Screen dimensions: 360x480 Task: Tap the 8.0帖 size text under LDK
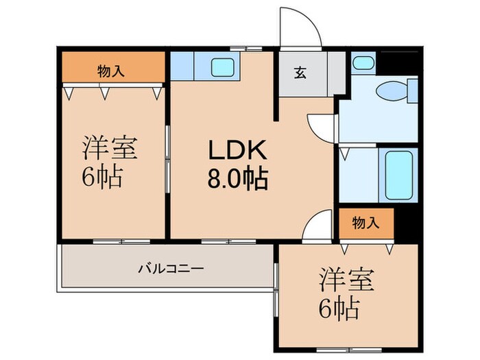point(237,180)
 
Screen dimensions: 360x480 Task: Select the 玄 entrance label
point(300,73)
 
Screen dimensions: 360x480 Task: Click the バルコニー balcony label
point(172,268)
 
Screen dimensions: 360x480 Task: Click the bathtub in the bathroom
point(398,175)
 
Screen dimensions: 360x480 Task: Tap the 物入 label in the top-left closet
point(111,70)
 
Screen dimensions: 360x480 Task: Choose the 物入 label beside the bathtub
point(365,222)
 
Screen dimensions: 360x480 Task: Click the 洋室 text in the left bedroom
point(110,149)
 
